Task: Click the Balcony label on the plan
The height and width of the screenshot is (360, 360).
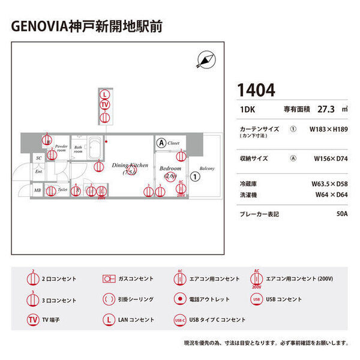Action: pyautogui.click(x=207, y=168)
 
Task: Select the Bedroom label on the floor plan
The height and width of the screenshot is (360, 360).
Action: pyautogui.click(x=170, y=169)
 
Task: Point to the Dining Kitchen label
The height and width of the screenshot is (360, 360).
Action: pyautogui.click(x=129, y=165)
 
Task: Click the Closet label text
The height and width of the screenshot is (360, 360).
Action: pyautogui.click(x=174, y=143)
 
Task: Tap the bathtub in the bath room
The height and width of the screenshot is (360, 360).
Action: pyautogui.click(x=94, y=146)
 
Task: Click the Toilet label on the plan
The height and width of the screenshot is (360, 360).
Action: pyautogui.click(x=63, y=190)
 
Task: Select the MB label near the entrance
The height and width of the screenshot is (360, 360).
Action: pyautogui.click(x=37, y=191)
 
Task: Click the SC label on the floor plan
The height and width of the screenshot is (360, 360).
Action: pyautogui.click(x=38, y=158)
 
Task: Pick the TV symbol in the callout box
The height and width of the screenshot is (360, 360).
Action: pyautogui.click(x=105, y=105)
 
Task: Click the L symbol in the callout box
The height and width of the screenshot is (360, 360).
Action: pyautogui.click(x=105, y=95)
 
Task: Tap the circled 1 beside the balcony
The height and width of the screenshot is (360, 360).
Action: pyautogui.click(x=195, y=177)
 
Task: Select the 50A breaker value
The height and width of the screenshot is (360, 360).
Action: pyautogui.click(x=342, y=214)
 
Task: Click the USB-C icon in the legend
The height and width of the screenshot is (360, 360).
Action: pyautogui.click(x=179, y=320)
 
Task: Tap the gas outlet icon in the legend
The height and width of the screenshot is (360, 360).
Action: pyautogui.click(x=109, y=279)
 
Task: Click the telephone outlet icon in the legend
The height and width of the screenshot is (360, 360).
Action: pyautogui.click(x=179, y=299)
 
